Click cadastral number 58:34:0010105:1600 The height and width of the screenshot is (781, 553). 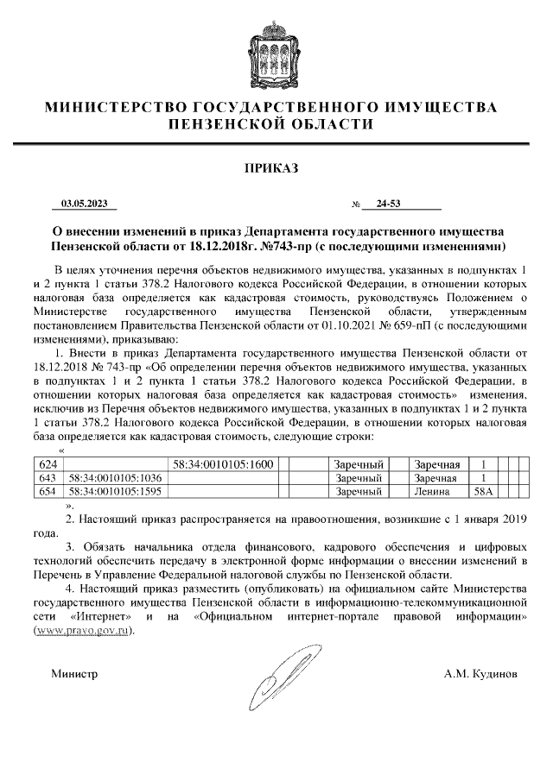(222, 465)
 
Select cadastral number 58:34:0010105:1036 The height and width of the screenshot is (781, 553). (115, 478)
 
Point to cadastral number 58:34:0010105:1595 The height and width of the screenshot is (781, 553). (115, 491)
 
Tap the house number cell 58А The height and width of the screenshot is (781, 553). (482, 491)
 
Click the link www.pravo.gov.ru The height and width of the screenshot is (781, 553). (84, 631)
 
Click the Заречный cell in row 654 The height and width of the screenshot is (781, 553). (358, 491)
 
